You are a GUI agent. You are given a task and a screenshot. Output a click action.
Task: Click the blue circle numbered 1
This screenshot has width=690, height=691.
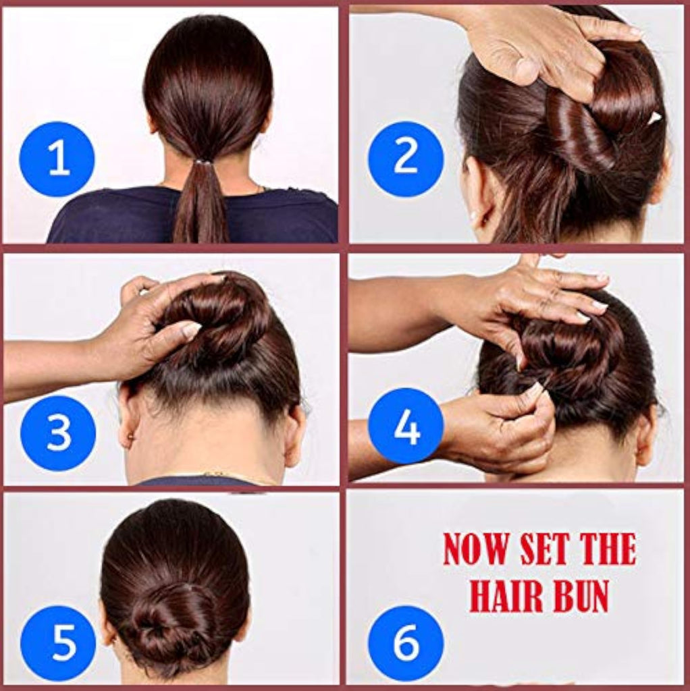tap(57, 159)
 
